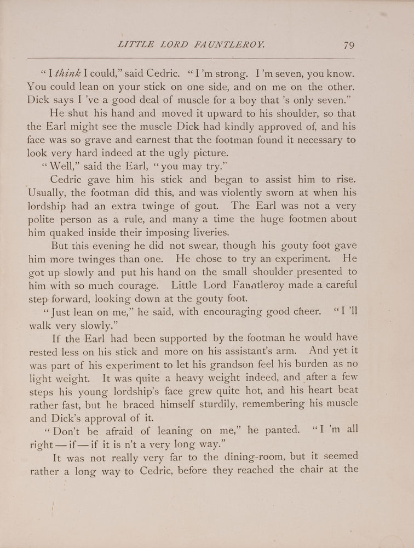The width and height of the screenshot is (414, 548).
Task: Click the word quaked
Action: [x=63, y=232]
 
